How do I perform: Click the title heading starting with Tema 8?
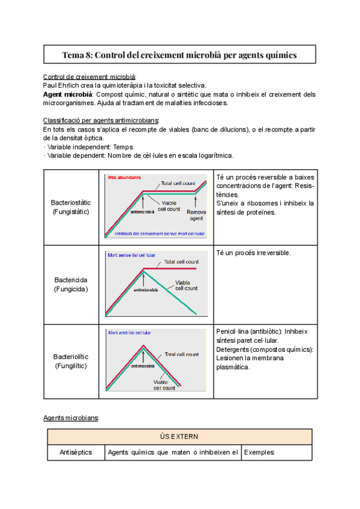click(x=179, y=55)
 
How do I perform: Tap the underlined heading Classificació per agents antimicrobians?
click(x=101, y=120)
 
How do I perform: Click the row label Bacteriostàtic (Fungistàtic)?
click(x=70, y=207)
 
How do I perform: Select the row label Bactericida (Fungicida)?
click(x=70, y=284)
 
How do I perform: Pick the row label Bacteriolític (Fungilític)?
click(x=70, y=361)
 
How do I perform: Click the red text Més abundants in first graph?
click(x=124, y=178)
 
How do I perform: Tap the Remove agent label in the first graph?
click(x=196, y=215)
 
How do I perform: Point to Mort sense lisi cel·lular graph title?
click(x=131, y=254)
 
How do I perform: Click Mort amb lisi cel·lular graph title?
click(x=130, y=332)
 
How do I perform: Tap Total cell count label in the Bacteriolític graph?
click(x=181, y=355)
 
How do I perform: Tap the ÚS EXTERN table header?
click(x=179, y=436)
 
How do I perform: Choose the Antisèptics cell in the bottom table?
click(x=76, y=452)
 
